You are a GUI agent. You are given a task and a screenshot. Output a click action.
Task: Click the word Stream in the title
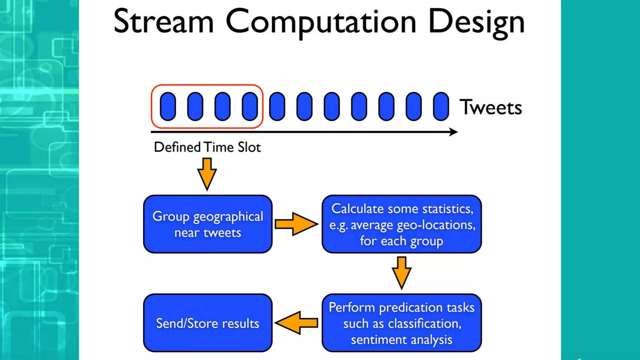[163, 21]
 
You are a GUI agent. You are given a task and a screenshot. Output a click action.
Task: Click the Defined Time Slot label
[207, 147]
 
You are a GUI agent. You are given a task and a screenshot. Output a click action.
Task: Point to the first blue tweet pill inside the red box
[168, 107]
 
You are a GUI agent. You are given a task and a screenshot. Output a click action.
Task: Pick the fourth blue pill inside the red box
[250, 107]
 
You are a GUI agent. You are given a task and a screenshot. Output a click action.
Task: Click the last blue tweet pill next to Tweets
[441, 107]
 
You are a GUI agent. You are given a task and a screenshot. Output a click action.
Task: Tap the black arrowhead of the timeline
[454, 132]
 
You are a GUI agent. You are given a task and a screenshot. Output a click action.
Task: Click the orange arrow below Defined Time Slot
[207, 174]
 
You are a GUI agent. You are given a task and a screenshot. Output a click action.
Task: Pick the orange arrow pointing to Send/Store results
[296, 323]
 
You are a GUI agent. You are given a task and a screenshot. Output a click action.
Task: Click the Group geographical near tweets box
[208, 224]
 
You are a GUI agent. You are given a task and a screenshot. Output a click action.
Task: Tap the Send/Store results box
[208, 323]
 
